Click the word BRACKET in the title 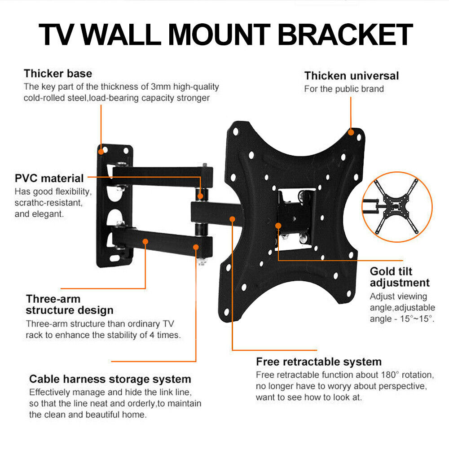pyautogui.click(x=345, y=35)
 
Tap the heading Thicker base pyautogui.click(x=58, y=74)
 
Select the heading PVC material pyautogui.click(x=49, y=179)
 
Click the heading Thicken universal pyautogui.click(x=352, y=76)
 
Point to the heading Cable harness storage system pyautogui.click(x=110, y=379)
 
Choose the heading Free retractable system pyautogui.click(x=319, y=362)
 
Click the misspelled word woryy pyautogui.click(x=337, y=386)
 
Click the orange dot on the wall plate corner pyautogui.click(x=101, y=152)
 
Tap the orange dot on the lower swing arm pyautogui.click(x=145, y=241)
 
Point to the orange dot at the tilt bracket pyautogui.click(x=278, y=226)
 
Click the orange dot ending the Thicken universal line pyautogui.click(x=351, y=132)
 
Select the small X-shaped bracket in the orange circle pyautogui.click(x=396, y=206)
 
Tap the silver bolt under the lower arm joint pyautogui.click(x=201, y=262)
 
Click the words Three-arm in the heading pyautogui.click(x=53, y=299)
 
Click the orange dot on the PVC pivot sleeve pyautogui.click(x=200, y=196)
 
